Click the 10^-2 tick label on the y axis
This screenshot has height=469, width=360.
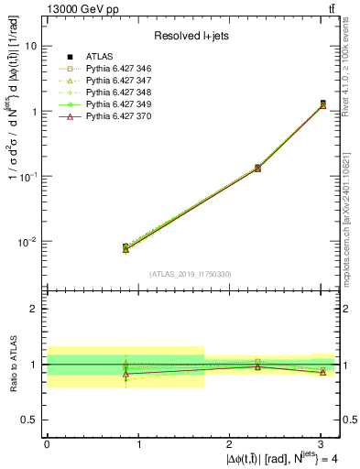click(x=27, y=242)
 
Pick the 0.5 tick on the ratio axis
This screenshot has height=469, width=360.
click(x=30, y=420)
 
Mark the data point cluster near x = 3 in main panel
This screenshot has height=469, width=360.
click(x=322, y=104)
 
